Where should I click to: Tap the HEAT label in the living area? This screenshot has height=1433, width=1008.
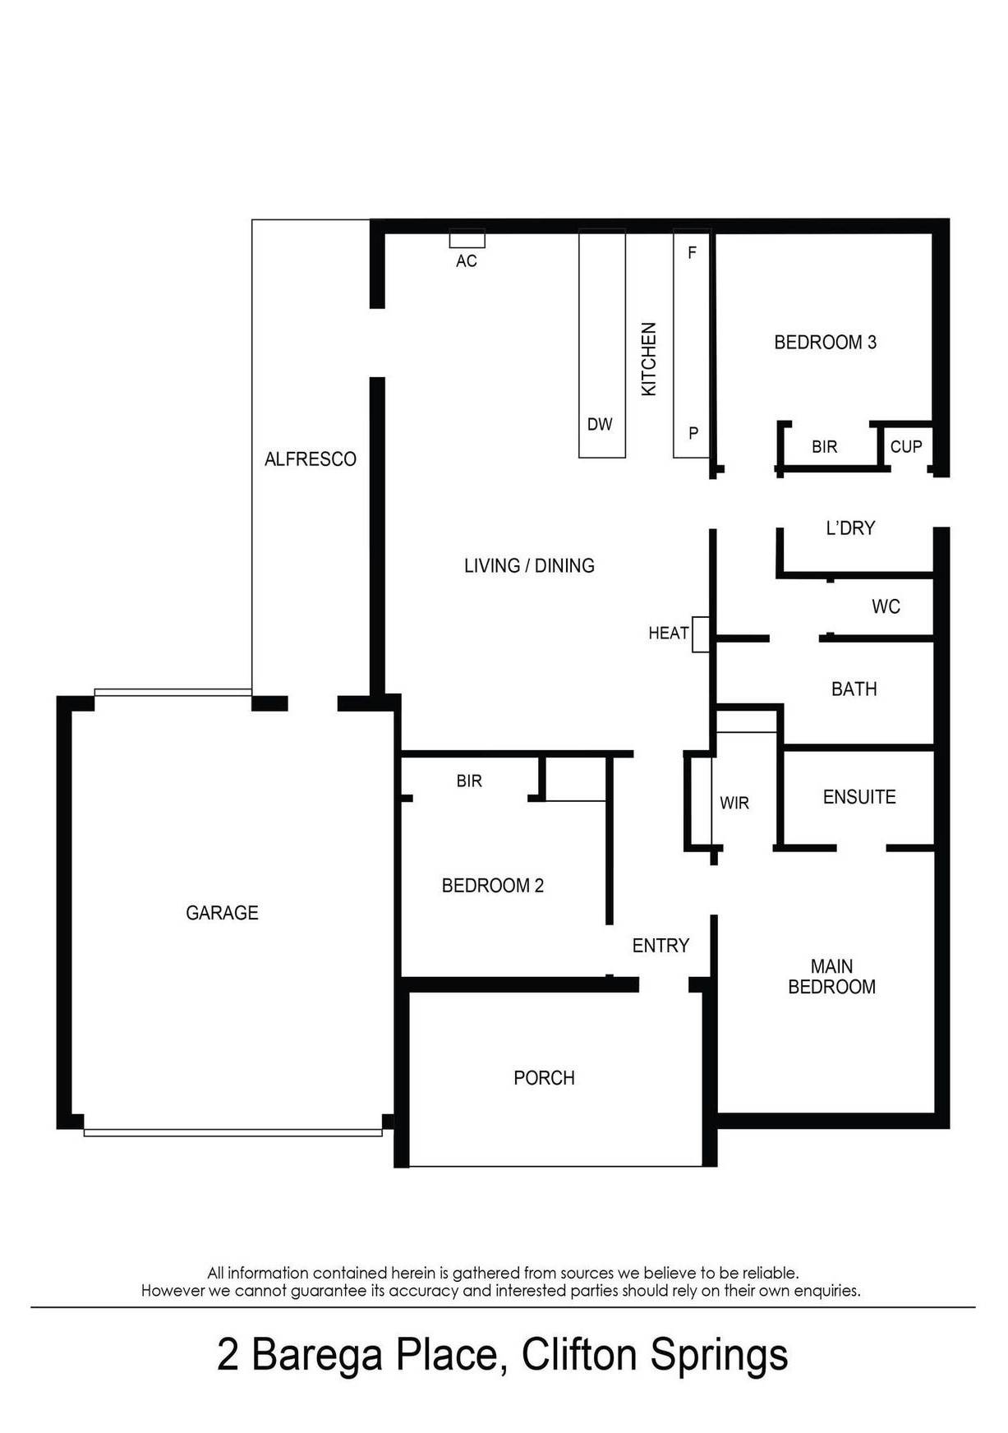pos(668,633)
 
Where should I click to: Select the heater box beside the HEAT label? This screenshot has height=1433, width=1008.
pos(700,634)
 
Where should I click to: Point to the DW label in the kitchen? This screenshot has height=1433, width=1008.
pos(600,425)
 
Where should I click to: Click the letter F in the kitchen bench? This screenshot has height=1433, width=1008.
pos(692,253)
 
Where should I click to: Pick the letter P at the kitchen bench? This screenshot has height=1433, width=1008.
pos(693,433)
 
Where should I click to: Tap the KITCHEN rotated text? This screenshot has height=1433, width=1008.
pos(649,359)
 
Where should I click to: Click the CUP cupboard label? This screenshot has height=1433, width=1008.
pos(906,447)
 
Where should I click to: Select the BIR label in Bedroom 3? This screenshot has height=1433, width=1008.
pos(824,447)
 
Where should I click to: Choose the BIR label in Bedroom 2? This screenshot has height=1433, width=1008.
pos(469,781)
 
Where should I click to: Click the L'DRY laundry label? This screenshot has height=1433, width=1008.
pos(850,528)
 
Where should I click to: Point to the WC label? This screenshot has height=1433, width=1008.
pos(886,607)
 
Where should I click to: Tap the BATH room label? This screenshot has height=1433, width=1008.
pos(854,689)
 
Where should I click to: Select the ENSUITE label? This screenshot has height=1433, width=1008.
pos(859,797)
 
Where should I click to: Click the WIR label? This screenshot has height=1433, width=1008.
pos(734,804)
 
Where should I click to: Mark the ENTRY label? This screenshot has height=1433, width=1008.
pos(660,946)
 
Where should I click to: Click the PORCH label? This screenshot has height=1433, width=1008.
pos(544,1078)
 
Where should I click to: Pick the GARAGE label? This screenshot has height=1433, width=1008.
pos(222,913)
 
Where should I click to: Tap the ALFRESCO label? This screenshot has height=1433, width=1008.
pos(310,459)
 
